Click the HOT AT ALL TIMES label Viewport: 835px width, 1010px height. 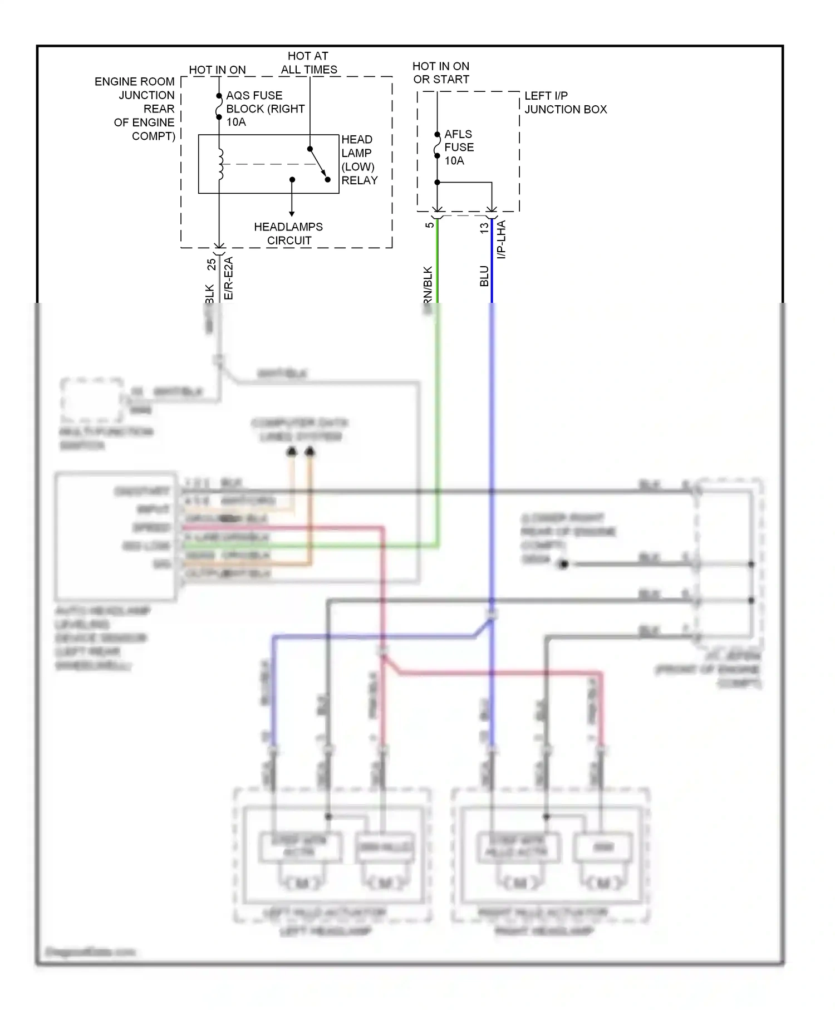(308, 63)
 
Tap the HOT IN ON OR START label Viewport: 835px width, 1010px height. (441, 73)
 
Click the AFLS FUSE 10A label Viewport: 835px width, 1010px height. (459, 148)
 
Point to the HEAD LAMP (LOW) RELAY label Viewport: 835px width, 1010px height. (359, 160)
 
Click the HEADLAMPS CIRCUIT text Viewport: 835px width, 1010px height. (288, 234)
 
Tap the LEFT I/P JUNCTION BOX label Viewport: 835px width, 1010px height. (565, 102)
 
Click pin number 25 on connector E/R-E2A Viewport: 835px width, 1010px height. (212, 264)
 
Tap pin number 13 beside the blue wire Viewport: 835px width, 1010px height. (484, 227)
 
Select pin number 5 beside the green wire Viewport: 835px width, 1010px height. (429, 225)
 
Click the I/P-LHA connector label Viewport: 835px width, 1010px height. (502, 239)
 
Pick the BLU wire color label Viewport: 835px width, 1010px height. (484, 276)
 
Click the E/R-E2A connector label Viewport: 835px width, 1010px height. (228, 278)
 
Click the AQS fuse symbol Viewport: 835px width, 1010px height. (219, 107)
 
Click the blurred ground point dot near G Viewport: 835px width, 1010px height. (563, 565)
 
